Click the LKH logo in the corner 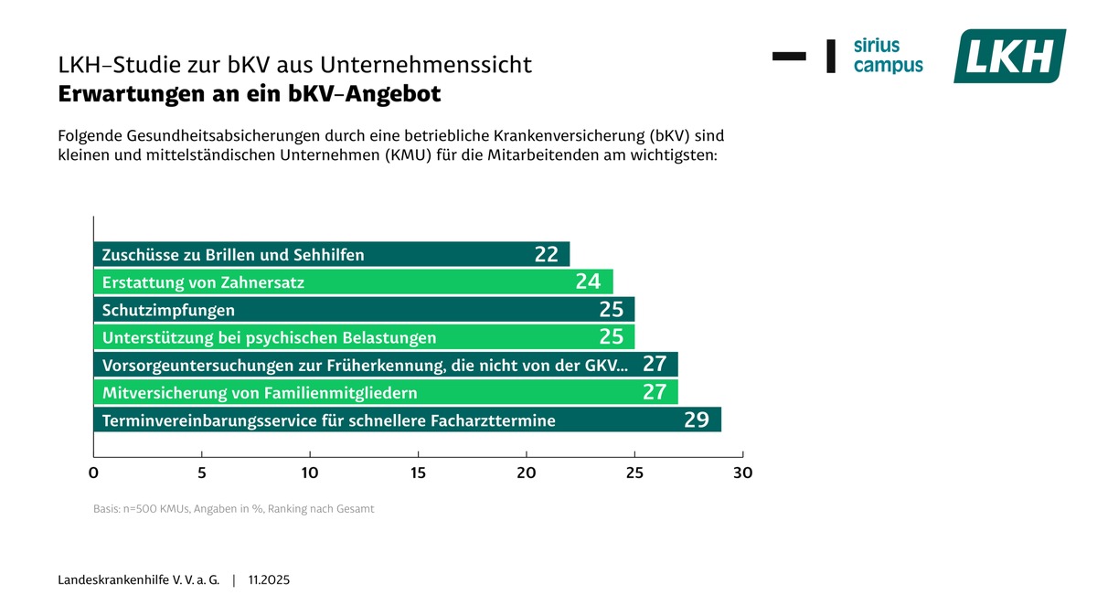click(x=1009, y=56)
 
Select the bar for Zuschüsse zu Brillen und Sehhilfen click(x=331, y=255)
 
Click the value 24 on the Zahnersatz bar click(x=588, y=282)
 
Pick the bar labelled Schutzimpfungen click(x=364, y=310)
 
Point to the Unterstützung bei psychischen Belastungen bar click(x=364, y=337)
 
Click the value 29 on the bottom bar click(x=697, y=420)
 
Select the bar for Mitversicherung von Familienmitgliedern click(x=385, y=393)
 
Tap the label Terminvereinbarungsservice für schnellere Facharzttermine click(x=329, y=421)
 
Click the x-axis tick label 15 click(x=418, y=473)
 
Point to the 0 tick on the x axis click(x=93, y=473)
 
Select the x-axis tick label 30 click(x=742, y=473)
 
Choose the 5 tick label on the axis click(x=202, y=473)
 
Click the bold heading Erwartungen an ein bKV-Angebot click(x=250, y=94)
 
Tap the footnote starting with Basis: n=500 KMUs click(x=233, y=508)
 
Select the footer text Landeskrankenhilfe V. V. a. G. click(x=139, y=580)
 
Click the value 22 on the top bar click(x=546, y=255)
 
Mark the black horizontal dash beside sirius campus click(x=789, y=56)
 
